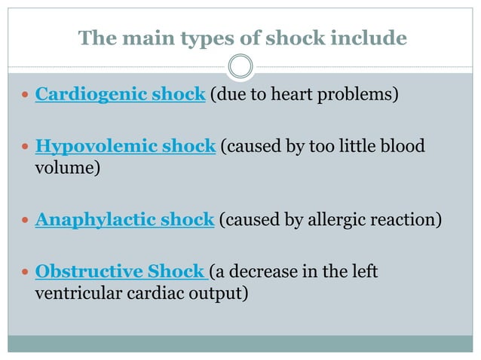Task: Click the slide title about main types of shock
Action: tap(242, 38)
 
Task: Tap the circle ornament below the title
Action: tap(240, 67)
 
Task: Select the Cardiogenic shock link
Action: tap(121, 96)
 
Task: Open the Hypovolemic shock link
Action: tap(125, 145)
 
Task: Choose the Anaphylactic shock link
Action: tap(125, 220)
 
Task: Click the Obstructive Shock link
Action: tap(121, 270)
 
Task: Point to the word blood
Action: tap(403, 145)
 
